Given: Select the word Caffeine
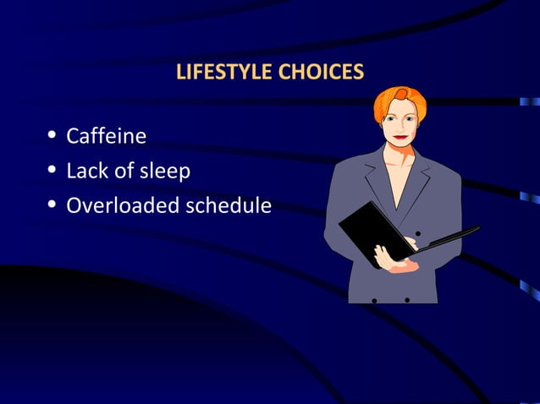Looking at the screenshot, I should [107, 135].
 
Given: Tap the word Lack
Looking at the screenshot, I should [86, 171].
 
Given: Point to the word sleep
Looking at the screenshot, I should [164, 172].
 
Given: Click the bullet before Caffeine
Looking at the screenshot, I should [53, 135].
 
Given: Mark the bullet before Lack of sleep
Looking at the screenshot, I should [53, 171].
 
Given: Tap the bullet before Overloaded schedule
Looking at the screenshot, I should [53, 205].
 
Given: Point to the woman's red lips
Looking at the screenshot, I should [400, 137].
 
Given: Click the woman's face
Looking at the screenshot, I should [401, 123].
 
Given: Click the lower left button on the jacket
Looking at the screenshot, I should [375, 299].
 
